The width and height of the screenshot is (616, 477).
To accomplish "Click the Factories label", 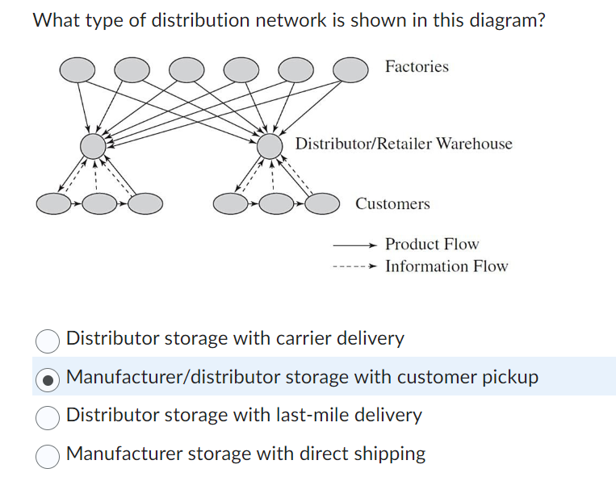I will pos(417,67).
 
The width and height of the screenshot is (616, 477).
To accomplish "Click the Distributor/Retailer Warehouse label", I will pos(404,144).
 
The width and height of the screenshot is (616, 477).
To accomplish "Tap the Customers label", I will pos(392,204).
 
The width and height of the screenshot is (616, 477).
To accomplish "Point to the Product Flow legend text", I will pos(432,244).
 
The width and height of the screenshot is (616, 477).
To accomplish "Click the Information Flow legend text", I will pos(446,266).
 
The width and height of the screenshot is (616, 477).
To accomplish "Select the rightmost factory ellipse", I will pos(350,70).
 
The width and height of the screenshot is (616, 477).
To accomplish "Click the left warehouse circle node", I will pos(94,147).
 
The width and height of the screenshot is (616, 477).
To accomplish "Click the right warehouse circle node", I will pos(270,147).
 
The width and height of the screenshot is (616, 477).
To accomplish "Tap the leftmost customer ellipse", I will pos(54,203).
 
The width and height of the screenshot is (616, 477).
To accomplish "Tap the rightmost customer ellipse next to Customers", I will pos(322,203).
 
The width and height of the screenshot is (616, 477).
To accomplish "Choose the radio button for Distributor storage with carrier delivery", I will pos(48,340).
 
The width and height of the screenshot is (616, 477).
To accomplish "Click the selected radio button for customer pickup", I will pos(48,378).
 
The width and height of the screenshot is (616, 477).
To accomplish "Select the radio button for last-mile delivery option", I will pos(48,416).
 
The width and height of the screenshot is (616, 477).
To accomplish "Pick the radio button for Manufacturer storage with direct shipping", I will pos(48,454).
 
